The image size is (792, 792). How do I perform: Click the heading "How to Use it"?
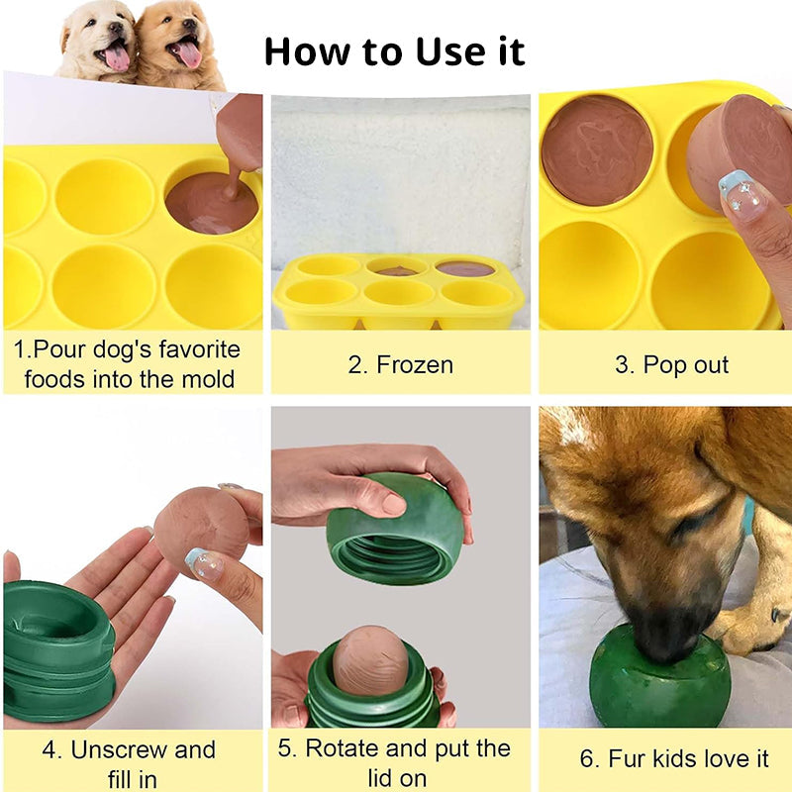point(394,50)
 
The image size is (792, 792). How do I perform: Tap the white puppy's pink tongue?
point(117,57)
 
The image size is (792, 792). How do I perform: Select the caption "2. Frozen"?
point(400,364)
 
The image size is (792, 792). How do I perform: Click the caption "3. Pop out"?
point(671,364)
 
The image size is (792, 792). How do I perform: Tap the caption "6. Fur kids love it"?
point(674,759)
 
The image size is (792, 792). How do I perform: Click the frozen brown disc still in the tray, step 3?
point(597,149)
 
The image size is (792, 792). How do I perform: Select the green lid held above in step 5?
point(395,530)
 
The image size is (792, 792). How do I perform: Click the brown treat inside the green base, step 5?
point(369,657)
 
